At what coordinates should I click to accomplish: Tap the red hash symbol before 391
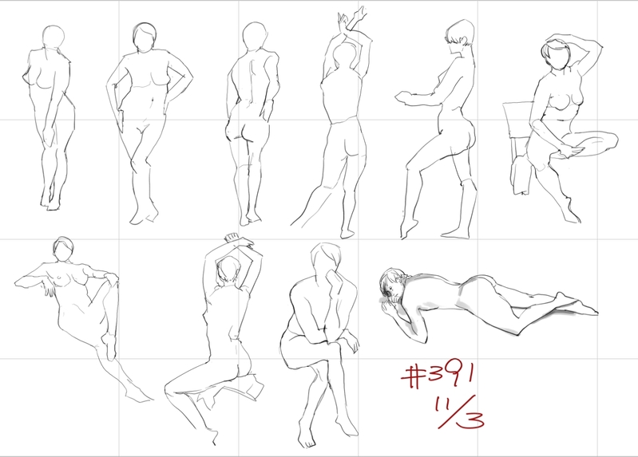coord(413,376)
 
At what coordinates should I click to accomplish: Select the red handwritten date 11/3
coord(460,412)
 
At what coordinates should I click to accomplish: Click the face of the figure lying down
coord(390,288)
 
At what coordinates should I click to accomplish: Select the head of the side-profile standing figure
coord(460,34)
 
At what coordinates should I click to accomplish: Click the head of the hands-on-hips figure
coord(145,37)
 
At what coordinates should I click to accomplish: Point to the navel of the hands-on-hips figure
coord(153,100)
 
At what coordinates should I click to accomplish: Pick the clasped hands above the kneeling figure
coord(237,240)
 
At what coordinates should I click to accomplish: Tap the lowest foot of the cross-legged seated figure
coord(306,440)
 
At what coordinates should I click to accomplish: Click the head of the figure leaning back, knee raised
coord(63,249)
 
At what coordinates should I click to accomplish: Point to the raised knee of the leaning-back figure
coord(112,279)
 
